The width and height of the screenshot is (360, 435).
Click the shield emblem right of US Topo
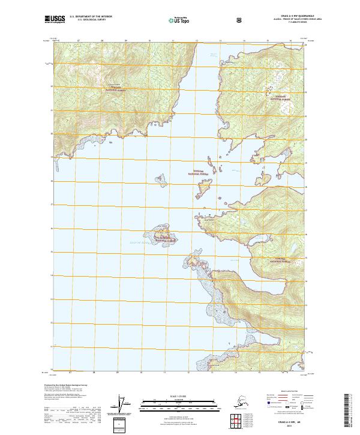pos(240,20)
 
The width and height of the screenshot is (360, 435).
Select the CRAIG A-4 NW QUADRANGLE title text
pos(285,16)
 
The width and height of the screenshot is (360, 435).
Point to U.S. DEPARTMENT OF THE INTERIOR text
pos(91,17)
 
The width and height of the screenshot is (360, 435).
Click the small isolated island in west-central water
pos(160,178)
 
